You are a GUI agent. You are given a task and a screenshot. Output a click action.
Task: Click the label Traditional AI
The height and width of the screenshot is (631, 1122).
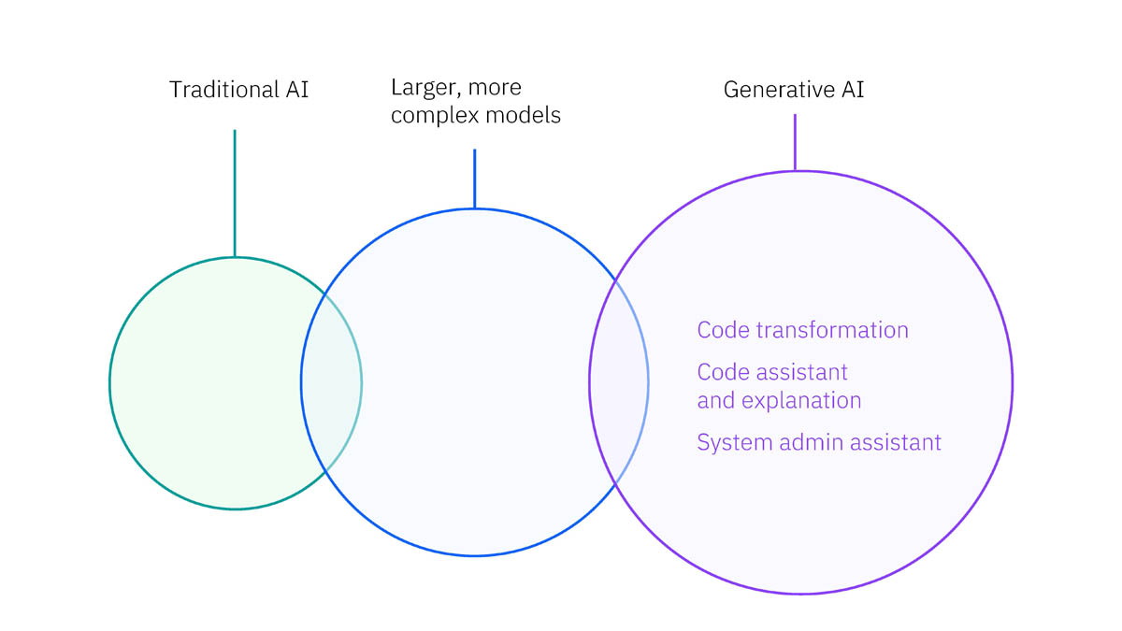click(x=238, y=90)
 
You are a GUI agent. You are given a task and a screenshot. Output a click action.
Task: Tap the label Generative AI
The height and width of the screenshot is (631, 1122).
click(x=794, y=90)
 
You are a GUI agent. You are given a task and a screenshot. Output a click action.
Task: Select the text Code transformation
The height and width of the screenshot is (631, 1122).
click(x=802, y=330)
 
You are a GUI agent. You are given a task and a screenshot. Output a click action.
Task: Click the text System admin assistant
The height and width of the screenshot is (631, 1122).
click(x=818, y=442)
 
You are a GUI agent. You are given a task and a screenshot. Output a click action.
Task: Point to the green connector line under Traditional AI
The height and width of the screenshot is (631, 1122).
click(x=235, y=192)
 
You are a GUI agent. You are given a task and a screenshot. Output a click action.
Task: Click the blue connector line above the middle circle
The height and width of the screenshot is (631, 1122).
click(x=474, y=178)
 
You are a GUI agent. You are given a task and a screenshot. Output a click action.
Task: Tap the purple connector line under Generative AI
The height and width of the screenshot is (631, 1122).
click(x=795, y=142)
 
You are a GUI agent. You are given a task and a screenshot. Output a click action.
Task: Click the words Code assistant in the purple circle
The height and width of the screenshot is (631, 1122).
click(x=772, y=372)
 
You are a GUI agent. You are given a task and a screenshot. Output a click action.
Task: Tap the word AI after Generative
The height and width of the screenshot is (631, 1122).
click(x=851, y=90)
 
